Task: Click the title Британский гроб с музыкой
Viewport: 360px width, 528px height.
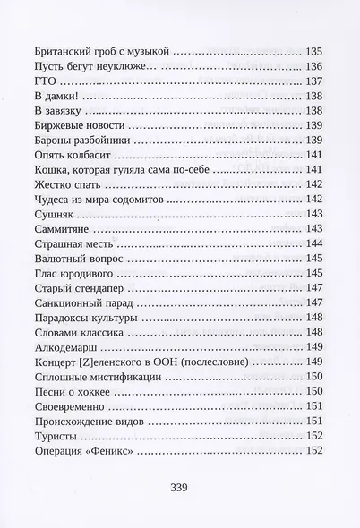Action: (x=99, y=52)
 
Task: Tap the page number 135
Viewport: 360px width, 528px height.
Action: (x=315, y=52)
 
